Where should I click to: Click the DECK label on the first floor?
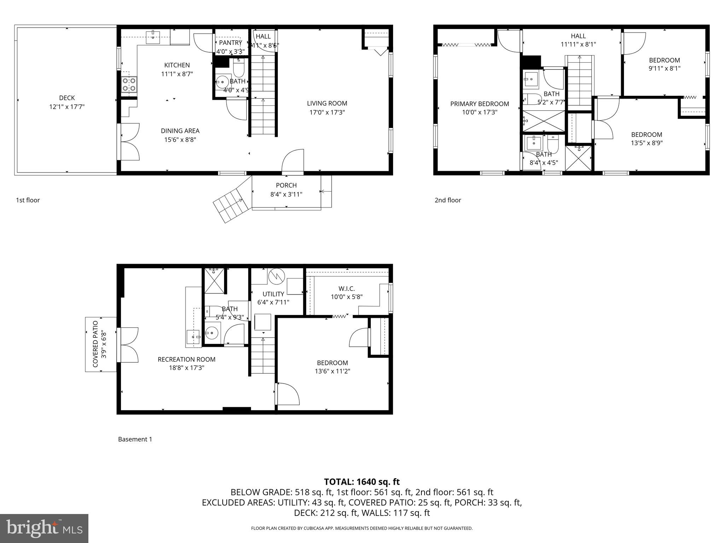coord(67,98)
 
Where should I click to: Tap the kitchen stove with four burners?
coord(129,85)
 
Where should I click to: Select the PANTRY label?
coord(230,43)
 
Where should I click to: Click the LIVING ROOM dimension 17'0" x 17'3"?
coord(327,112)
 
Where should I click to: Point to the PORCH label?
coord(286,185)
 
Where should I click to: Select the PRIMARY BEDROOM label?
coord(479,104)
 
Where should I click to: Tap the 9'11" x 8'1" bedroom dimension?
coord(664,69)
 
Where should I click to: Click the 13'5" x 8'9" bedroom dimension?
coord(647,143)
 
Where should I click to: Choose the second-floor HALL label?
coord(578,36)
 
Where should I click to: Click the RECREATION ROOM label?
coord(186,360)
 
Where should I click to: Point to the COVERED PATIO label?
coord(95,344)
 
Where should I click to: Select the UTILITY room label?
coord(273,294)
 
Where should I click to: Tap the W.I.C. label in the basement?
coord(346,289)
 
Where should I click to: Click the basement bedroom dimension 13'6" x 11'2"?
coord(332,371)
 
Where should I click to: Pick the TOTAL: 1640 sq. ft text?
coord(362,482)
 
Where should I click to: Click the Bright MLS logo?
coord(44,528)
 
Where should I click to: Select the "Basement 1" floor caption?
coord(135,439)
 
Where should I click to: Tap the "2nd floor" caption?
coord(448,200)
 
